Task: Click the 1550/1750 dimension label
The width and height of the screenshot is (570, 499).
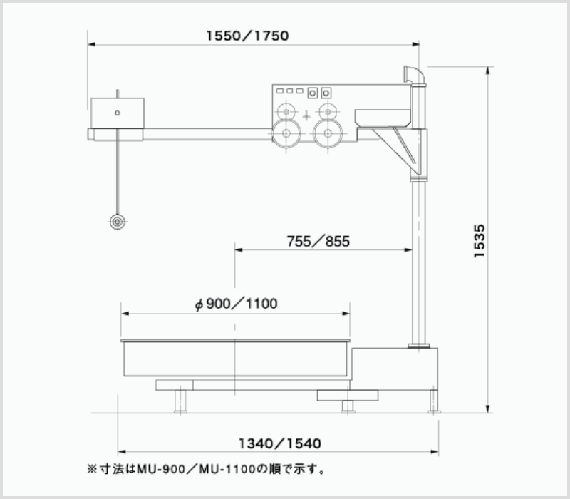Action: pos(247,36)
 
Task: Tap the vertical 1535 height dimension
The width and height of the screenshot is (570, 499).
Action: pos(480,241)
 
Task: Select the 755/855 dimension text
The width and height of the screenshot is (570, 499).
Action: pos(318,242)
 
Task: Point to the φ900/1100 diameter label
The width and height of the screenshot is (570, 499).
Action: pos(236,304)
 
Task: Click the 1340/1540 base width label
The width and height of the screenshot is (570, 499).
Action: pos(280,443)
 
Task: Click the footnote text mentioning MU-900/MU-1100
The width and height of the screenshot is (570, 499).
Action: pos(206,469)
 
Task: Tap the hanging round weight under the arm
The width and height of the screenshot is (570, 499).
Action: pos(118,222)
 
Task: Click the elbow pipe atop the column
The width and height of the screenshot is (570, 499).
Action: pos(415,76)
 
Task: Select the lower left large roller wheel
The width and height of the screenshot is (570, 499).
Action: pos(286,133)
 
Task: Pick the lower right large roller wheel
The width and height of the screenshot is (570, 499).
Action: pos(328,133)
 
